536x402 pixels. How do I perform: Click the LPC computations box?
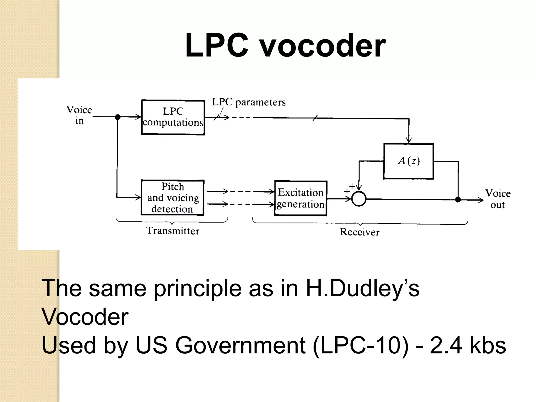[x=173, y=117]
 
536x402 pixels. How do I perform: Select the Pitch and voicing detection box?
[x=172, y=198]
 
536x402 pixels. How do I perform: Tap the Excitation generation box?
[x=301, y=198]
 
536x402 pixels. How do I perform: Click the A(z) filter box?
[x=409, y=161]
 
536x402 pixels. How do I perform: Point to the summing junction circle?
[x=359, y=199]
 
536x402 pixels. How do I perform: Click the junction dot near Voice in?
[x=118, y=117]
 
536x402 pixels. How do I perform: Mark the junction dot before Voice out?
[x=458, y=200]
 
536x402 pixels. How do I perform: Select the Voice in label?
[x=79, y=115]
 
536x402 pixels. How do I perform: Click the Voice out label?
[x=498, y=199]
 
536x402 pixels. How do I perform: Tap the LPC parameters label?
[x=249, y=102]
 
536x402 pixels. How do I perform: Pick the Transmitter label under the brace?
[x=173, y=231]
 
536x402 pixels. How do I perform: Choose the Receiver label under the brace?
[x=360, y=232]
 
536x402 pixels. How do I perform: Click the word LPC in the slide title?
[x=217, y=46]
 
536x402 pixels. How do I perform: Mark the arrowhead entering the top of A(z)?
[x=409, y=141]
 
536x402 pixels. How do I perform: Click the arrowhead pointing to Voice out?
[x=481, y=200]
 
